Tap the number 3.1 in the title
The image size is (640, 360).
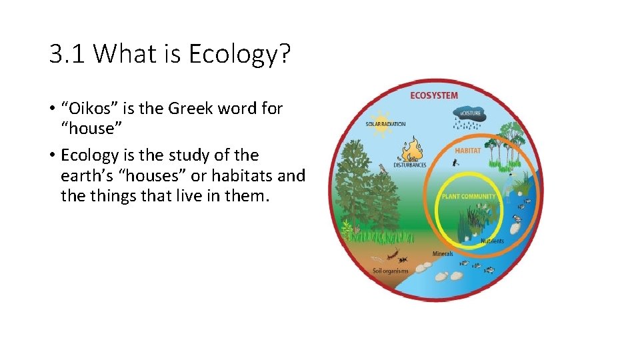point(67,53)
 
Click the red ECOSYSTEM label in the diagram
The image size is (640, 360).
point(434,95)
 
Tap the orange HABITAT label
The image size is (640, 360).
point(467,151)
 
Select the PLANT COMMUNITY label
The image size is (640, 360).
point(469,197)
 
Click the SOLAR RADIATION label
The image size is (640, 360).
point(385,124)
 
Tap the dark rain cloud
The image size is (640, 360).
point(470,115)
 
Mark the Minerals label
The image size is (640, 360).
point(443,253)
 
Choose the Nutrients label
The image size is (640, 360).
point(492,241)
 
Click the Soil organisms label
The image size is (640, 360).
point(391,271)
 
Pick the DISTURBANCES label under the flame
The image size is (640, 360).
point(410,165)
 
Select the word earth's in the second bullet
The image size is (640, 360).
point(85,176)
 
